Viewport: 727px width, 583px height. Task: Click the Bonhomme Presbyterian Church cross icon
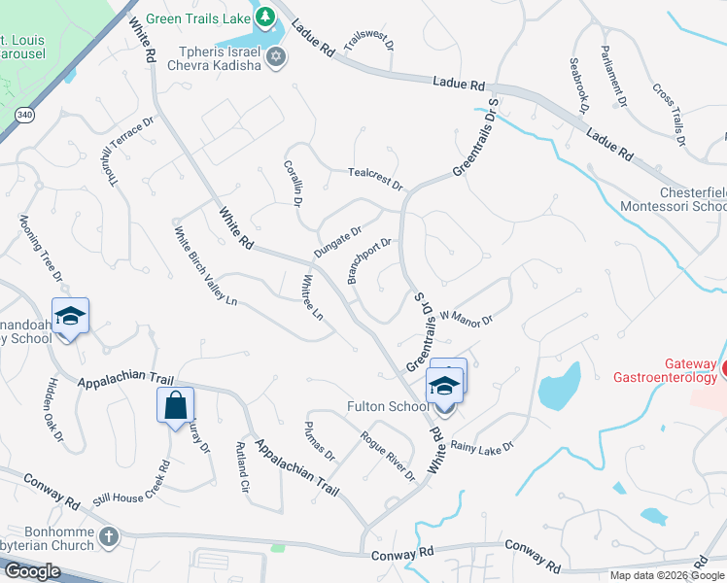(x=108, y=535)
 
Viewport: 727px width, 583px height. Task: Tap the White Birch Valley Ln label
(x=205, y=266)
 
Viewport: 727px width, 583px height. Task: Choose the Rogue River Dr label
(x=387, y=456)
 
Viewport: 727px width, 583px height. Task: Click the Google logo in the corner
(x=32, y=571)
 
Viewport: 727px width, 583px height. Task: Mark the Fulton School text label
(x=388, y=406)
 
